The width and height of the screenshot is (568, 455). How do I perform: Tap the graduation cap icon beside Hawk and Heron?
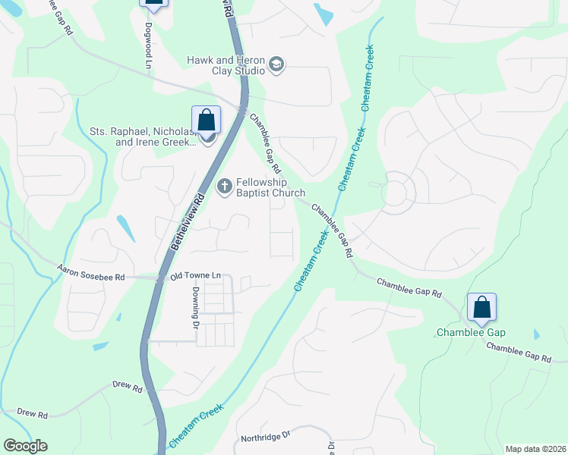(x=276, y=65)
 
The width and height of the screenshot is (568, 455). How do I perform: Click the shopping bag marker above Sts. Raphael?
(x=206, y=120)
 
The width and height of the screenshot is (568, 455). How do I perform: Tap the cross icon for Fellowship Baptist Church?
(x=225, y=186)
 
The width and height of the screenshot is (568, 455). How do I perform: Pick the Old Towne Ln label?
(x=195, y=277)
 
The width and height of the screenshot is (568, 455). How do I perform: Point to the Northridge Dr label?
(x=266, y=436)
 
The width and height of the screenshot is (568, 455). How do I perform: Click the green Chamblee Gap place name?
(x=471, y=332)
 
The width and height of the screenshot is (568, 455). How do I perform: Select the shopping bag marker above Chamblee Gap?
(x=481, y=307)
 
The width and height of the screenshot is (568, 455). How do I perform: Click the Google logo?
(x=25, y=446)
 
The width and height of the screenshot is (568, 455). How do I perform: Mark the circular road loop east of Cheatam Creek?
(x=397, y=189)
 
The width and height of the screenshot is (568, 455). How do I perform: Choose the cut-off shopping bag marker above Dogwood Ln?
(x=153, y=5)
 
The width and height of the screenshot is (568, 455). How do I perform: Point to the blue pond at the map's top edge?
(x=323, y=13)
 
